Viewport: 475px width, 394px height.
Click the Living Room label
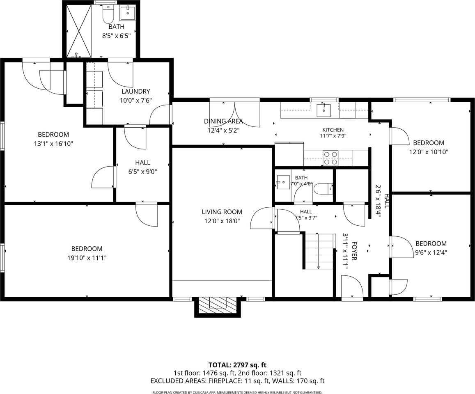222,212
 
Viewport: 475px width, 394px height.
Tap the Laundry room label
136,92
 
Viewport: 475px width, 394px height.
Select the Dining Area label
223,121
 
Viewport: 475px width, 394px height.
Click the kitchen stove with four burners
330,158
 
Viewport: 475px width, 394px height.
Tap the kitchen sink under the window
324,110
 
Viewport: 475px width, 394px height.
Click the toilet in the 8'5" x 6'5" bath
107,14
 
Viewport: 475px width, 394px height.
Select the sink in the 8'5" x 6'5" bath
128,12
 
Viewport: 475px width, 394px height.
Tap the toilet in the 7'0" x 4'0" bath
323,189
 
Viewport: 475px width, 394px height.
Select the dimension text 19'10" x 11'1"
87,258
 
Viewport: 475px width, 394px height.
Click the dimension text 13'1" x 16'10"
53,144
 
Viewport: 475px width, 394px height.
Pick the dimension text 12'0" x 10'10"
429,152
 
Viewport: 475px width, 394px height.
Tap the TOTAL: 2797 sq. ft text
237,365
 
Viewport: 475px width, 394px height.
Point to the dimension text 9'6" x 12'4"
431,252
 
